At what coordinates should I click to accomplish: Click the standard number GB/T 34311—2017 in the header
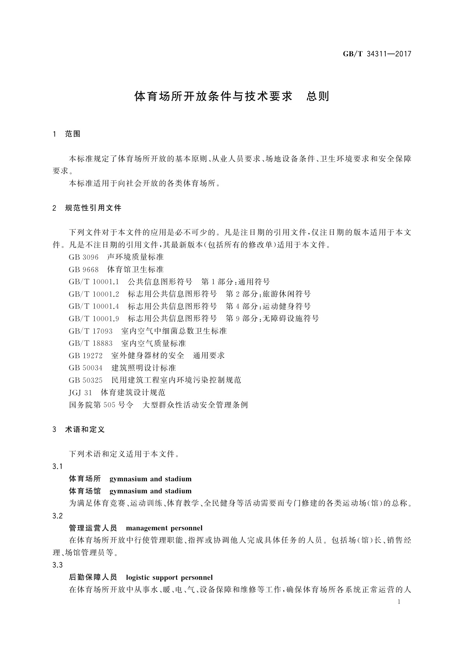pyautogui.click(x=377, y=54)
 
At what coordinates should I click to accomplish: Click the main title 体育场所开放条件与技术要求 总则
pyautogui.click(x=232, y=97)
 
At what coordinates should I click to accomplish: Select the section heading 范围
pyautogui.click(x=73, y=134)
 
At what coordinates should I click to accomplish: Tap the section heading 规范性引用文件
pyautogui.click(x=94, y=208)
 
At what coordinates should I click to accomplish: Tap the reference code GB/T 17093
pyautogui.click(x=91, y=331)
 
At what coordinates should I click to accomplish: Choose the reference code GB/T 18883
pyautogui.click(x=91, y=344)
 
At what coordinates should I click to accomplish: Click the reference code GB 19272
pyautogui.click(x=86, y=356)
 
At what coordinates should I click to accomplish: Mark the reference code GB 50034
pyautogui.click(x=86, y=368)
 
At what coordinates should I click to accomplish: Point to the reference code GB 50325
pyautogui.click(x=86, y=380)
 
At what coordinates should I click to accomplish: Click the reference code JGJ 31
pyautogui.click(x=81, y=393)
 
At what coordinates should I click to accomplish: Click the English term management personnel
pyautogui.click(x=164, y=528)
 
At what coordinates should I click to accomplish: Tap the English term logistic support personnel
pyautogui.click(x=169, y=578)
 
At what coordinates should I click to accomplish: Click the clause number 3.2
pyautogui.click(x=57, y=516)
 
